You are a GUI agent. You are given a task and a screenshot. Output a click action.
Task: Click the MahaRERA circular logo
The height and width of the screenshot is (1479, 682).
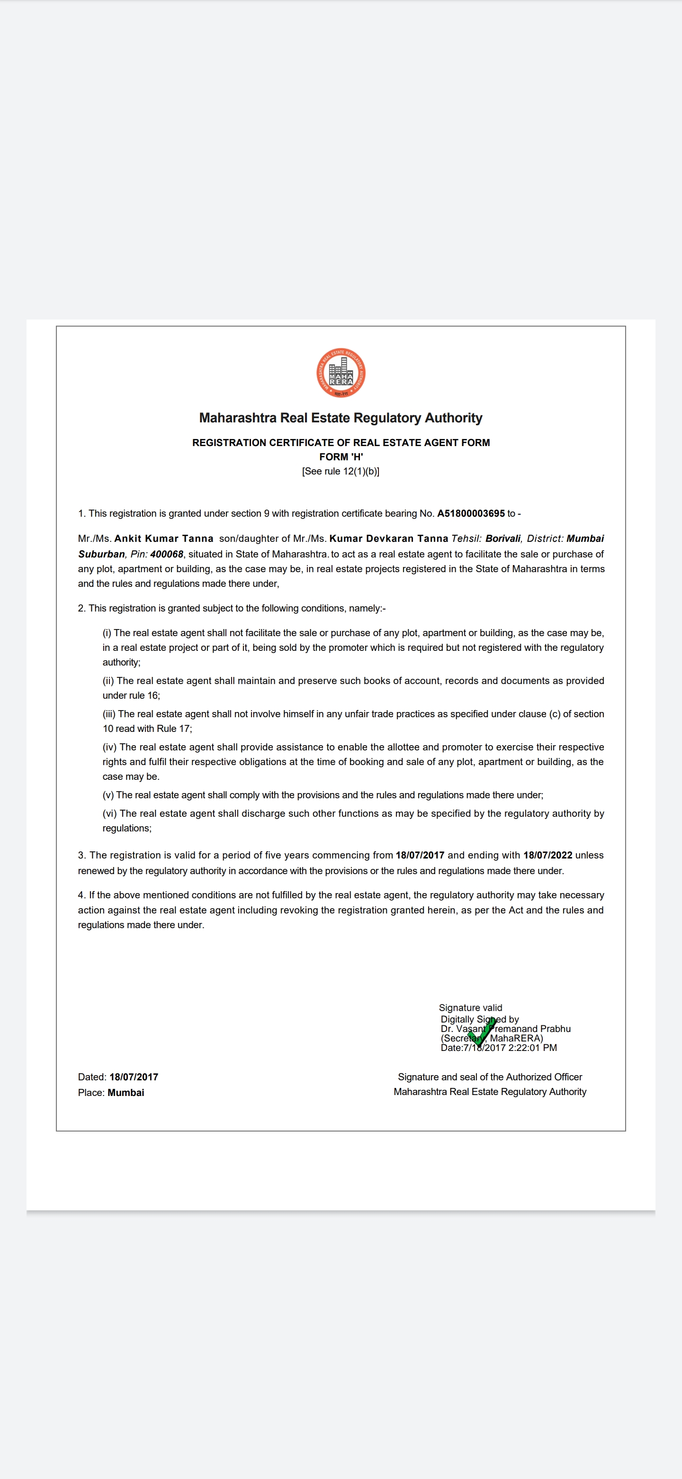tap(341, 373)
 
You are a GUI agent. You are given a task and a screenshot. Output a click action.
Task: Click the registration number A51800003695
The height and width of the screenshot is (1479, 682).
tap(470, 513)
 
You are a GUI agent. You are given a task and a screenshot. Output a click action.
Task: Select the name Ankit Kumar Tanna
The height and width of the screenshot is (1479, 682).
tap(163, 539)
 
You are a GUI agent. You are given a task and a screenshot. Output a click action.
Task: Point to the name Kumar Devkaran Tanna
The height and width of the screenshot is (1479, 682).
tap(388, 539)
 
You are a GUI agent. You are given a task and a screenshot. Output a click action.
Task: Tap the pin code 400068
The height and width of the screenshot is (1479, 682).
tap(166, 554)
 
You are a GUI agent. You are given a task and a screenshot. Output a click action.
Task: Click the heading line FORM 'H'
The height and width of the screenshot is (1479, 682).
tap(341, 457)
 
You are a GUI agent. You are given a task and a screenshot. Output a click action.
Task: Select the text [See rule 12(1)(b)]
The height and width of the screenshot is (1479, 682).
tap(341, 471)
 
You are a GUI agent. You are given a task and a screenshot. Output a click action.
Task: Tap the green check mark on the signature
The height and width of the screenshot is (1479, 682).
tap(481, 1032)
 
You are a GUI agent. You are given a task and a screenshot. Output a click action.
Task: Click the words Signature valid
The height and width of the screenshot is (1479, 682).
tap(470, 1008)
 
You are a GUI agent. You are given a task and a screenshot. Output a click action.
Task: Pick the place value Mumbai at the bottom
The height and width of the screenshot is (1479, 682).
tap(126, 1093)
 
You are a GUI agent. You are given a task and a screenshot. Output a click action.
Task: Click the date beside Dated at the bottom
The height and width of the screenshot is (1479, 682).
tap(134, 1077)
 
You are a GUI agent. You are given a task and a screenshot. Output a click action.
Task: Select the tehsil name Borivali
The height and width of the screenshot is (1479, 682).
tap(503, 539)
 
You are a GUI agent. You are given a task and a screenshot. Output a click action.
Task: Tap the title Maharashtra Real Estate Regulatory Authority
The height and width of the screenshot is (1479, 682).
tap(341, 418)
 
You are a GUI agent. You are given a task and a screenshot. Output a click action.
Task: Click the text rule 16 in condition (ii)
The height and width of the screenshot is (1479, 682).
tap(145, 695)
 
